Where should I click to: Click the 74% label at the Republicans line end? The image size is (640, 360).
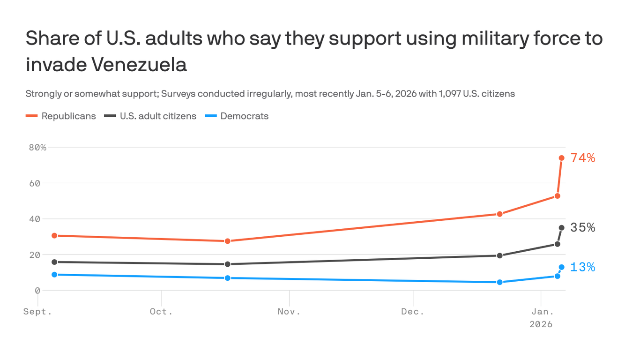tap(583, 158)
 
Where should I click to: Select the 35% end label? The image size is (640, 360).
tap(583, 228)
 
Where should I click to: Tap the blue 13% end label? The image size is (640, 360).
tap(583, 267)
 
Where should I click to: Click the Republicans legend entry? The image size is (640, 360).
tap(68, 116)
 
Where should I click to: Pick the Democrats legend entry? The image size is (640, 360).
tap(245, 116)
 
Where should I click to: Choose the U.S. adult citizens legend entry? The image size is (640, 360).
tap(158, 116)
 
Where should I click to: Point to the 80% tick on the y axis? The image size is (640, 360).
tap(37, 147)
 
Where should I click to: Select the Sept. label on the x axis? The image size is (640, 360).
tap(37, 312)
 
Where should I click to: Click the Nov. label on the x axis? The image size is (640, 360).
tap(289, 312)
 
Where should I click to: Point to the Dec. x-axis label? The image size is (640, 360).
tap(413, 312)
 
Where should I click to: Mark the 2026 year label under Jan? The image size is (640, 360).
tap(541, 324)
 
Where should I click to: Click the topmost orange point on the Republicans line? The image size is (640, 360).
tap(561, 158)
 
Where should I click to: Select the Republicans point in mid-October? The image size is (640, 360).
tap(228, 241)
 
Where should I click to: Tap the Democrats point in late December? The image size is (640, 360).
tap(499, 282)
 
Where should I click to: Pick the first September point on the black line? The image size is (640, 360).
tap(54, 262)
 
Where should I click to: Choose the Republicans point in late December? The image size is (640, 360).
tap(499, 214)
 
